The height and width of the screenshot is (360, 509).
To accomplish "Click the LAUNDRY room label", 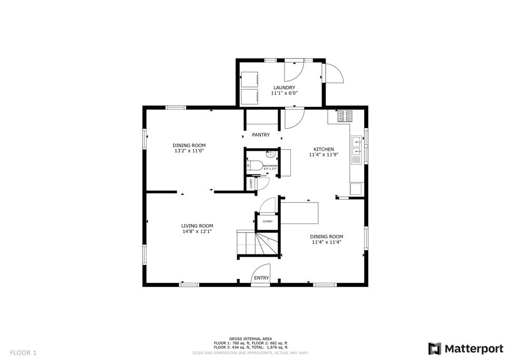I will click(x=283, y=87).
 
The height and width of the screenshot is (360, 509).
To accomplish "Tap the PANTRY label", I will click(x=260, y=135).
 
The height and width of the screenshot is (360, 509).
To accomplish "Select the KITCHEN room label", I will click(x=324, y=149).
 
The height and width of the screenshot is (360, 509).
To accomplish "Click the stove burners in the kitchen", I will click(x=345, y=113).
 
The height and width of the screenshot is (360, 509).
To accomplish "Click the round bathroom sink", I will click(x=270, y=155).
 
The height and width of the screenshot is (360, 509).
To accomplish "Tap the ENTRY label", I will click(x=261, y=278).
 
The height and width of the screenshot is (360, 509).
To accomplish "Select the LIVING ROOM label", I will click(x=197, y=226).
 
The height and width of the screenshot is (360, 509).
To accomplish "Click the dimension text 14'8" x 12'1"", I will click(x=197, y=231).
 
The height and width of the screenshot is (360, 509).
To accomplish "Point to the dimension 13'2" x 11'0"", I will click(x=189, y=151).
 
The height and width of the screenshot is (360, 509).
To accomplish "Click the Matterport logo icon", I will click(x=435, y=348).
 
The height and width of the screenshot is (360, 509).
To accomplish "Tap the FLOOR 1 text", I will click(x=23, y=352).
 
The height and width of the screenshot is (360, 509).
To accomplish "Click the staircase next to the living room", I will click(x=258, y=244).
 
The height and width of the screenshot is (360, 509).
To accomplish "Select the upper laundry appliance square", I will click(x=250, y=79).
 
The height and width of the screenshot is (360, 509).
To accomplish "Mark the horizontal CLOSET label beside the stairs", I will click(x=267, y=221).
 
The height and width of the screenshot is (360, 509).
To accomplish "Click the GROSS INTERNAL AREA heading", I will click(x=250, y=338).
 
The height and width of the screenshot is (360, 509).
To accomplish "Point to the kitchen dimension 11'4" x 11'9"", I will click(x=324, y=155).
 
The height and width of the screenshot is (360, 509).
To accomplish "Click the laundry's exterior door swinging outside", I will click(x=334, y=73).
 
